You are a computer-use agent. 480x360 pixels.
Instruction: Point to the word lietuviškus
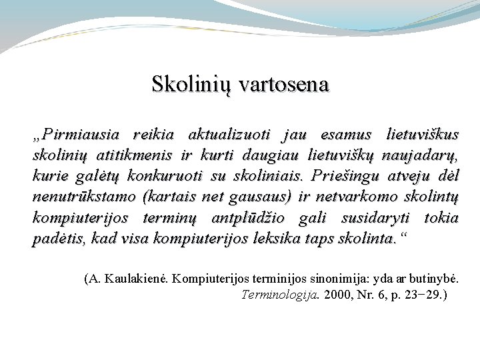[x=423, y=135]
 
